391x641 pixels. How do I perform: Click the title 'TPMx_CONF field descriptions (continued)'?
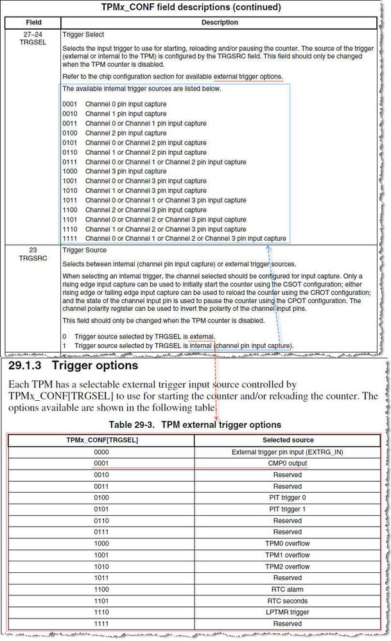[x=191, y=8]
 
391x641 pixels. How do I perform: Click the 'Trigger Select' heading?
[x=83, y=33]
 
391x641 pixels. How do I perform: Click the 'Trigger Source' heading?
[x=85, y=250]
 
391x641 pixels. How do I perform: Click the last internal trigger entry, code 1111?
[x=174, y=238]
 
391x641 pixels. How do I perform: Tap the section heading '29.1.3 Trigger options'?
[x=73, y=366]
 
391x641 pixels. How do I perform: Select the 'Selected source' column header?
[x=288, y=440]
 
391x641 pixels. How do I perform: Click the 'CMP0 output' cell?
[x=288, y=463]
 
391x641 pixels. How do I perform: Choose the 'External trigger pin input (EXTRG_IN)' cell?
[x=288, y=452]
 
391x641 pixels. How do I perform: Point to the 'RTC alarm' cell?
[x=288, y=589]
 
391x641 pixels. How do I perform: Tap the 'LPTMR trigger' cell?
[x=288, y=612]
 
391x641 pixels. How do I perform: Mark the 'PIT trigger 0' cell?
[x=288, y=498]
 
